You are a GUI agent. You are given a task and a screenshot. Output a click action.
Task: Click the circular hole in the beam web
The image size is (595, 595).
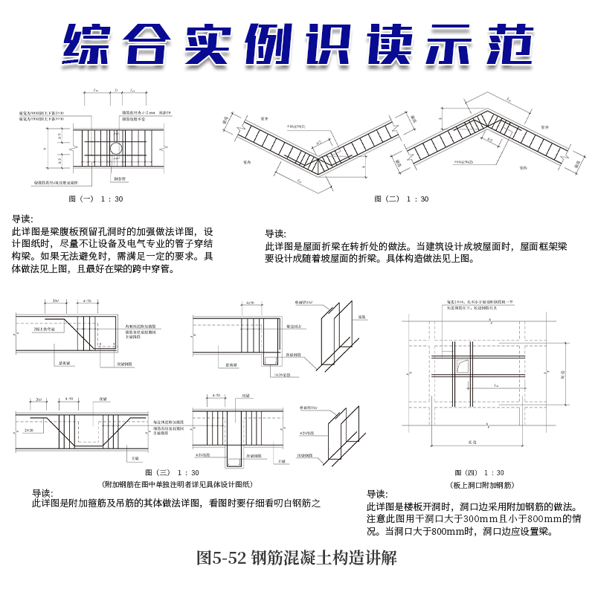tap(118, 149)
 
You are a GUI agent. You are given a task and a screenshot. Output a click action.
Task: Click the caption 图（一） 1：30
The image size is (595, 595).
tap(95, 199)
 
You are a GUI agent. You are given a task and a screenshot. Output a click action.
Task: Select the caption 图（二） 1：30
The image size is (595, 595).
tap(402, 199)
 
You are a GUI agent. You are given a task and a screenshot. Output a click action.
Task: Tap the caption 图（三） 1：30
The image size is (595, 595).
tap(172, 473)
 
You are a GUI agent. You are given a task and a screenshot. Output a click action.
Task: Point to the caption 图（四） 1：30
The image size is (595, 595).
tap(479, 473)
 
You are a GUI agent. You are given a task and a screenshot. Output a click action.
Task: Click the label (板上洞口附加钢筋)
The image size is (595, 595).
tap(479, 484)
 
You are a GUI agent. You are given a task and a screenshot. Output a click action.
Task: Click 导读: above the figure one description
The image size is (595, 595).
tap(23, 219)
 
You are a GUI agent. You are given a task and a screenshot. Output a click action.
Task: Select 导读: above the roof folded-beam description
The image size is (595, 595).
tap(275, 233)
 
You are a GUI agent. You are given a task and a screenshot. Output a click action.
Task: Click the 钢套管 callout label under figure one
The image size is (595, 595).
tap(118, 179)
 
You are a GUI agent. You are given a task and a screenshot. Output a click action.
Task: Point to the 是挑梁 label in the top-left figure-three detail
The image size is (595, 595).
tap(56, 364)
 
